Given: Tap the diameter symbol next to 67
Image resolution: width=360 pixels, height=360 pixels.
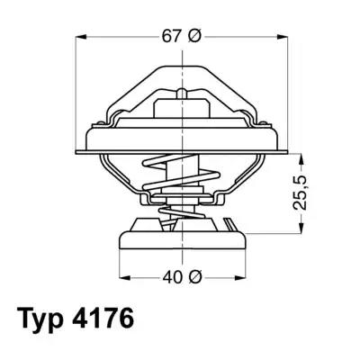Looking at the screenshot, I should click(x=194, y=36).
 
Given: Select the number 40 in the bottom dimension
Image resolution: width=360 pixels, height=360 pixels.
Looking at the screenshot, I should click(x=172, y=276).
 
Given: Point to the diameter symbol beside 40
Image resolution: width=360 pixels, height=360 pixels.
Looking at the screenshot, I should click(x=193, y=276).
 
